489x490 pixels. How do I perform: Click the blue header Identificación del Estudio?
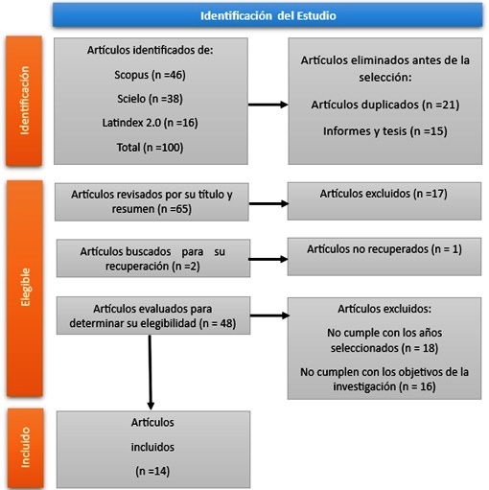(x=268, y=15)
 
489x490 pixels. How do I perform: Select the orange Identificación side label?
(x=24, y=101)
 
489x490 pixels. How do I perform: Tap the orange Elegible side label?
(x=25, y=288)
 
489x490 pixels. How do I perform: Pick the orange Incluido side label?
(x=25, y=448)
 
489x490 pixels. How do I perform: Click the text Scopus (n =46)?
(x=150, y=75)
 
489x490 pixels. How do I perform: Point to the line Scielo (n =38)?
(x=150, y=99)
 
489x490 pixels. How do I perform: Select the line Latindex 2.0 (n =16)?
(x=150, y=123)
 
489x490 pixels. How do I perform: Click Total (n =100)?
(x=150, y=148)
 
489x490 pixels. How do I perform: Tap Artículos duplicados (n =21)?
(x=385, y=105)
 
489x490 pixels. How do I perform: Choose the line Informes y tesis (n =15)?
(x=385, y=131)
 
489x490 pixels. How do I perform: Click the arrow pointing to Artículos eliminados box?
(x=268, y=105)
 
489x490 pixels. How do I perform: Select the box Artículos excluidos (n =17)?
(x=384, y=201)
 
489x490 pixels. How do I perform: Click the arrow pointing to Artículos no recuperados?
(x=268, y=259)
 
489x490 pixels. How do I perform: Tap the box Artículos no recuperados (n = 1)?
(x=384, y=256)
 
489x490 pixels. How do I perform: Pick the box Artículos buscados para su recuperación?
(x=153, y=258)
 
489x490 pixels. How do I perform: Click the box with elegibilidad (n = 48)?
(x=153, y=315)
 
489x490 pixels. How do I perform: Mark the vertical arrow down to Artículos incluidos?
(x=151, y=372)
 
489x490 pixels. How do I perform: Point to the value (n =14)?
(x=152, y=471)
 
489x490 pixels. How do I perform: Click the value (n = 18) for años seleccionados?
(x=420, y=348)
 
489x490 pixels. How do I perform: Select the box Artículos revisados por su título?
(x=151, y=202)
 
